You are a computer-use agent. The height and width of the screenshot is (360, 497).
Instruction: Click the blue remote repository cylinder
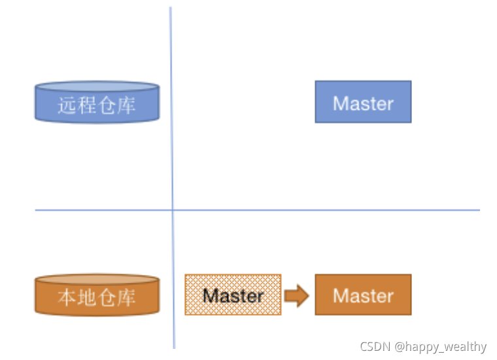tap(97, 102)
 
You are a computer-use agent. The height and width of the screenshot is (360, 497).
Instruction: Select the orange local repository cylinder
tap(97, 295)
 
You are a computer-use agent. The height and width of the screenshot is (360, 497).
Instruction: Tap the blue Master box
tap(363, 102)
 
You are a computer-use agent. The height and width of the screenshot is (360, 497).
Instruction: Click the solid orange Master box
tap(363, 295)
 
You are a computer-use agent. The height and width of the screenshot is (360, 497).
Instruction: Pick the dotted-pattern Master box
tap(233, 295)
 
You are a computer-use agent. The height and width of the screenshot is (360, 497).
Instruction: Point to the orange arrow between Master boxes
tap(296, 295)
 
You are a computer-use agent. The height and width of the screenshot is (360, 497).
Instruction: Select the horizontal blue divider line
tap(327, 210)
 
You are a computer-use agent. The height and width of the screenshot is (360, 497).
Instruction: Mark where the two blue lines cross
tap(173, 210)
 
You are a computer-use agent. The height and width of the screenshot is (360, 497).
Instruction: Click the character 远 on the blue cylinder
tap(67, 105)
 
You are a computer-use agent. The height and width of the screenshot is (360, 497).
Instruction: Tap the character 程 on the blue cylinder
tap(87, 105)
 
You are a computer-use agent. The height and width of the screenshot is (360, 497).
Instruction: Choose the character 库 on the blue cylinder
tap(126, 105)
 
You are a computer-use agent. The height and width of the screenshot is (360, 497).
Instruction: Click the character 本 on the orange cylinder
tap(67, 298)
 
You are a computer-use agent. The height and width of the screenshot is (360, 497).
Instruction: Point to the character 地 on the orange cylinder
tap(87, 298)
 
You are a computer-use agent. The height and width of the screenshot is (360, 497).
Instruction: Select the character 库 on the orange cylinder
tap(126, 298)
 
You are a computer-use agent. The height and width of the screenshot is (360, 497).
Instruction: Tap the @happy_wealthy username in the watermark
tap(440, 347)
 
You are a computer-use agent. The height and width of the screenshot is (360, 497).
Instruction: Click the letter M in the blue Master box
tap(340, 103)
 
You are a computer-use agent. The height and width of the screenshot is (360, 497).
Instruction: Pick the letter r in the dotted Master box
tap(260, 297)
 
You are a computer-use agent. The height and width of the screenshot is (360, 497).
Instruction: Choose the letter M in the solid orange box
tap(340, 296)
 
